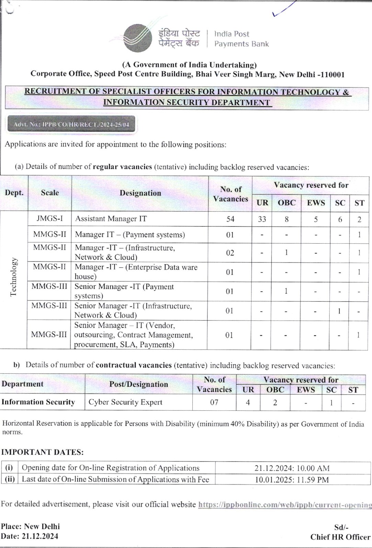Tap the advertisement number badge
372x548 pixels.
click(71, 124)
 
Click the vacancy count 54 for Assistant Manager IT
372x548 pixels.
click(230, 219)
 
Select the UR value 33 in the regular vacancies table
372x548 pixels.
click(262, 219)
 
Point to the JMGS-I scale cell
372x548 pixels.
click(50, 218)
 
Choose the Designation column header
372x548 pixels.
click(140, 193)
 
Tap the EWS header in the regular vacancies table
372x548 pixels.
click(316, 202)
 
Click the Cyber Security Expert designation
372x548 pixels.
click(125, 402)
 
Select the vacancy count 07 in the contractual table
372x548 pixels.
click(214, 402)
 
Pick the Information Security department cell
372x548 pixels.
click(38, 402)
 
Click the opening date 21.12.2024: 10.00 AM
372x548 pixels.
click(292, 468)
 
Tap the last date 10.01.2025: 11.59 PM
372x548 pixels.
click(292, 480)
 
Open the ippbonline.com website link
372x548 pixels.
click(285, 505)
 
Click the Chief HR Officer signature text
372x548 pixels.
click(340, 537)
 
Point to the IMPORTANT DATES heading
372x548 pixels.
click(42, 452)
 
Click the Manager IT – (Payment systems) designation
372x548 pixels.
click(130, 235)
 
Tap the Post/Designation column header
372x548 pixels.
click(138, 384)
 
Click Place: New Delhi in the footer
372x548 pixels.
click(30, 526)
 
